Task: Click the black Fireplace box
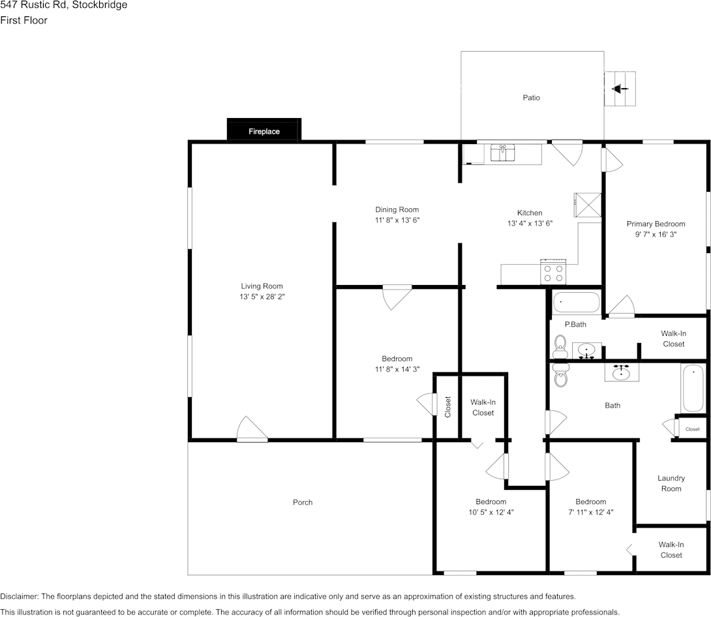pos(264,130)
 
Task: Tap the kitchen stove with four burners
pos(553,271)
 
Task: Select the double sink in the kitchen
pos(502,153)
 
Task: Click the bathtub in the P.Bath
pos(575,303)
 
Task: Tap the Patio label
pos(531,98)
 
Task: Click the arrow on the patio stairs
pos(620,89)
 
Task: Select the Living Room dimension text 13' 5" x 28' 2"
pos(262,296)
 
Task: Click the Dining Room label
pos(397,209)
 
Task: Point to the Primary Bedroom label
pos(656,224)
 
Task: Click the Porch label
pos(302,502)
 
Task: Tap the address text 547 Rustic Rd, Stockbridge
pos(64,5)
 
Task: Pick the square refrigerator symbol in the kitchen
pos(587,203)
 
